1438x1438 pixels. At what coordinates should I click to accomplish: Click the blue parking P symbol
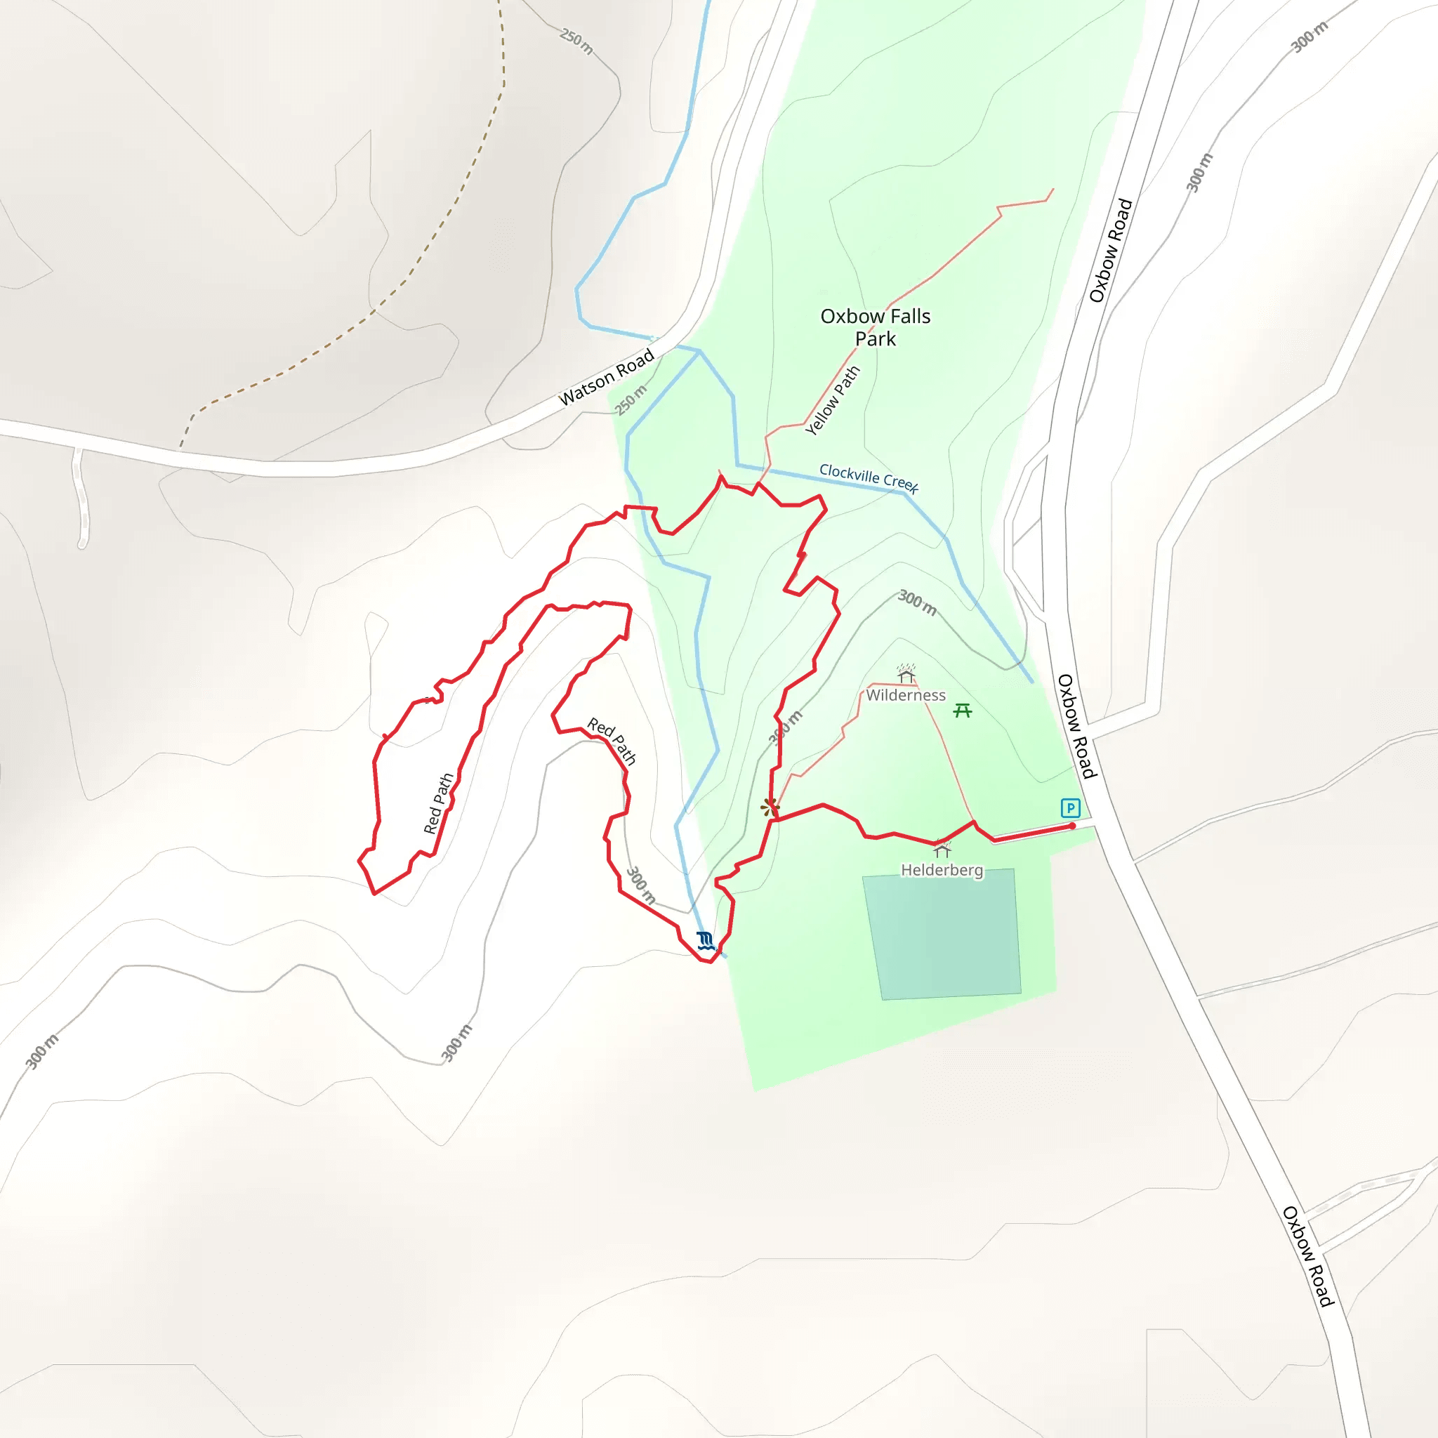coord(1070,807)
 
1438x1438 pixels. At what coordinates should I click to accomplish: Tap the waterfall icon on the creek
coord(705,941)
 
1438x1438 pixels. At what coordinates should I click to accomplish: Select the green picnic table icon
coord(963,711)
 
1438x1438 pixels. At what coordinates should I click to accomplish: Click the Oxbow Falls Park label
coord(876,327)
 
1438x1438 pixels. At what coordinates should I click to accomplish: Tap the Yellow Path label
coord(833,400)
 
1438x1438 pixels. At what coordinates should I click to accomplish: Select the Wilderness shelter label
coord(906,695)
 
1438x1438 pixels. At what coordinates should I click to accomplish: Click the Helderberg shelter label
coord(942,870)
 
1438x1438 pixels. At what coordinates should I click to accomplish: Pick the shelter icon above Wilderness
coord(906,673)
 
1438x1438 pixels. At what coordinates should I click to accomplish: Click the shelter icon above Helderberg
coord(942,850)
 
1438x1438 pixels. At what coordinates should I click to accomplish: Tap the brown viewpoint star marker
coord(770,806)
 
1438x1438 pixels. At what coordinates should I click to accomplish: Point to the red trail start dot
coord(1071,826)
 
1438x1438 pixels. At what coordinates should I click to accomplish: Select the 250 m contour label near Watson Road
coord(631,400)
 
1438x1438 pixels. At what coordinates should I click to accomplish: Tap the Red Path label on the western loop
coord(438,803)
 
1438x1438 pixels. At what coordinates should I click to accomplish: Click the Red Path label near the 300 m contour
coord(612,741)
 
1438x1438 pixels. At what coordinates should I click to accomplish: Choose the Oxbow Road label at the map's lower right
coord(1307,1256)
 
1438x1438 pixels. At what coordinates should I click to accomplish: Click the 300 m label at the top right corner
coord(1310,37)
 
